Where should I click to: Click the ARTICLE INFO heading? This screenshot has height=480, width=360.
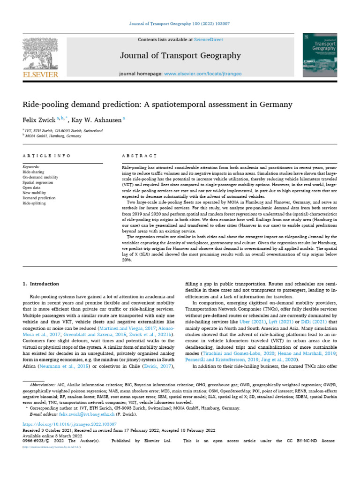(x=46, y=155)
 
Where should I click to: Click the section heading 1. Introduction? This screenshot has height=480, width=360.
(x=41, y=284)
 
